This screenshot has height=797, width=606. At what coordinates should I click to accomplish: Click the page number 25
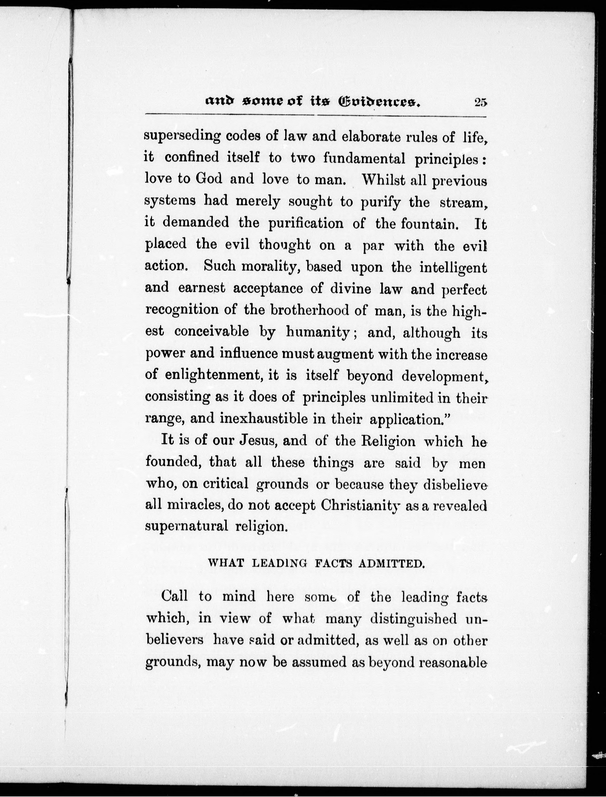pyautogui.click(x=481, y=103)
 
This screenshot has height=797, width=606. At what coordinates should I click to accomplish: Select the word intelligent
pyautogui.click(x=453, y=268)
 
